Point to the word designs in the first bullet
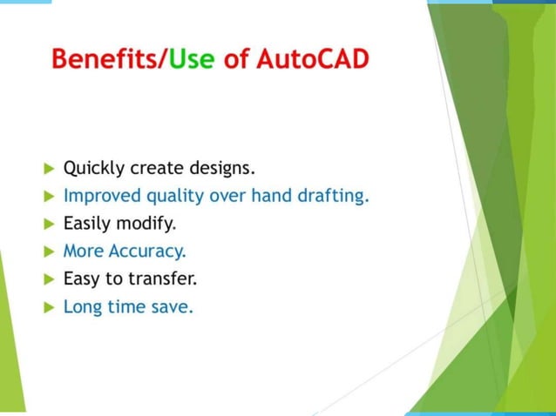[x=221, y=167]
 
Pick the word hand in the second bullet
[x=271, y=195]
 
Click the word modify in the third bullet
[x=148, y=224]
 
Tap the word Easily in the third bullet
[x=87, y=224]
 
